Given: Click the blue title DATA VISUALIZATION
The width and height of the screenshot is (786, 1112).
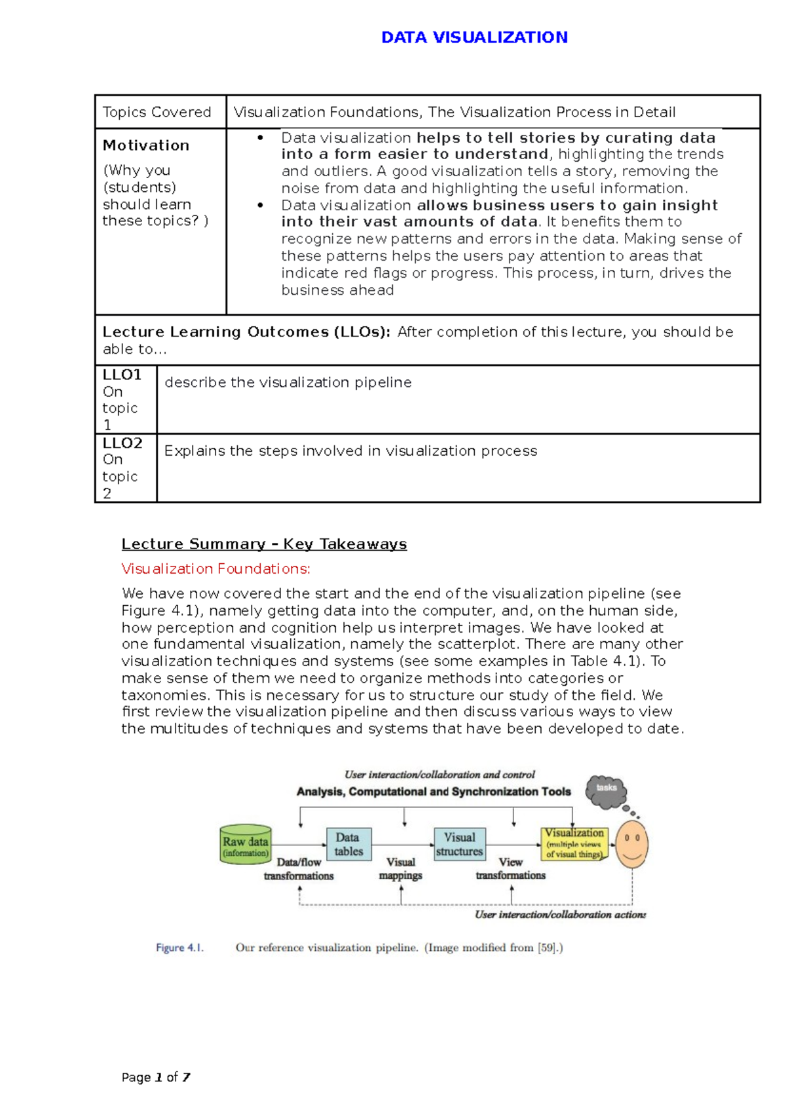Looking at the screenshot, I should [474, 37].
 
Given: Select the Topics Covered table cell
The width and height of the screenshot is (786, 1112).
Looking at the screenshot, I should [157, 112].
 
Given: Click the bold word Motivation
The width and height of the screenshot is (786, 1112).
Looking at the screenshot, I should [146, 145].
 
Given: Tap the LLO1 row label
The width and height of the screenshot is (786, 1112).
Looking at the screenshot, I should [122, 375].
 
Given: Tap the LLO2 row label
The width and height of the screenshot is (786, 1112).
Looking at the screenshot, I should [122, 443].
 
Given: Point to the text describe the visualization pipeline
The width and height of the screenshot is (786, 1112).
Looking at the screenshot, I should [288, 382].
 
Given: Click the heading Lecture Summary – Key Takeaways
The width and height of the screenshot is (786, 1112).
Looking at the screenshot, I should [264, 544].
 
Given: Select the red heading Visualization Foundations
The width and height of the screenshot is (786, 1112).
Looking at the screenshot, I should [216, 568].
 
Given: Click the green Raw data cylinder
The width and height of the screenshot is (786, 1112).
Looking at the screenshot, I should [245, 845].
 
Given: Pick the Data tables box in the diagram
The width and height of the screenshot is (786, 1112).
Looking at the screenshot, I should [348, 844].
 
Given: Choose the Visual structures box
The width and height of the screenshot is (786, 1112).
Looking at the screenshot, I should [460, 844].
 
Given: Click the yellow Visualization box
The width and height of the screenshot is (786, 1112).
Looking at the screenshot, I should [574, 843].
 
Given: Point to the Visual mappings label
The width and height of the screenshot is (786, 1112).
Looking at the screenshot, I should [401, 869].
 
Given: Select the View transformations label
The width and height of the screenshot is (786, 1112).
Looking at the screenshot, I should [510, 869].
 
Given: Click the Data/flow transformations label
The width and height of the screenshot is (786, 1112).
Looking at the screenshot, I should [299, 869].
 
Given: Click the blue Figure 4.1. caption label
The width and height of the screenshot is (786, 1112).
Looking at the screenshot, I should [179, 948].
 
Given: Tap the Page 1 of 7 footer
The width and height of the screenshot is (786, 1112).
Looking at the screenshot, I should [156, 1077].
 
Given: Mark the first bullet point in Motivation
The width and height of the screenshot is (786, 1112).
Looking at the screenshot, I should [261, 138].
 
